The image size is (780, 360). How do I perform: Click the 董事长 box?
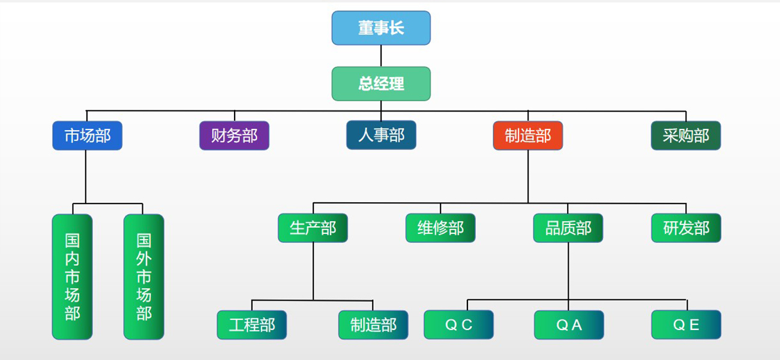click(381, 28)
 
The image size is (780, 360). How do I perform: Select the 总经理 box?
click(381, 84)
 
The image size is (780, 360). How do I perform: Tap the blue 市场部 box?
click(87, 136)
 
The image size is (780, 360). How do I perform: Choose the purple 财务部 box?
click(234, 136)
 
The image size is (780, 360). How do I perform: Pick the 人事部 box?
click(381, 136)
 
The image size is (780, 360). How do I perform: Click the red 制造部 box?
click(528, 136)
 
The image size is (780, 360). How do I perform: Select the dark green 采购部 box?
click(686, 136)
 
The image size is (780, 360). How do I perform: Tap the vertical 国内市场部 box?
click(72, 277)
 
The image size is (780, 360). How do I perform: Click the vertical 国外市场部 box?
click(143, 277)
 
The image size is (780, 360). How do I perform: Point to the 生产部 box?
click(313, 228)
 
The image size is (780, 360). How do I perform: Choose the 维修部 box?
click(440, 228)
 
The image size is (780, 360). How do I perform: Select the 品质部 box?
click(568, 228)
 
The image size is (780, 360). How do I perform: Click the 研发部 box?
click(686, 228)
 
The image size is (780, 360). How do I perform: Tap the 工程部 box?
click(251, 325)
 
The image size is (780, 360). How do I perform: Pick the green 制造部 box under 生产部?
click(373, 325)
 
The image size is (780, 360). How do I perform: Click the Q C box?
click(458, 325)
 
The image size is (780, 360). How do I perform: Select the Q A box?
click(569, 325)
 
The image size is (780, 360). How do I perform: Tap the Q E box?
click(686, 325)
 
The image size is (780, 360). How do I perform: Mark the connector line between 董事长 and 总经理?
click(381, 56)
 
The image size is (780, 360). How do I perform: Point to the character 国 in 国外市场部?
click(143, 241)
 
